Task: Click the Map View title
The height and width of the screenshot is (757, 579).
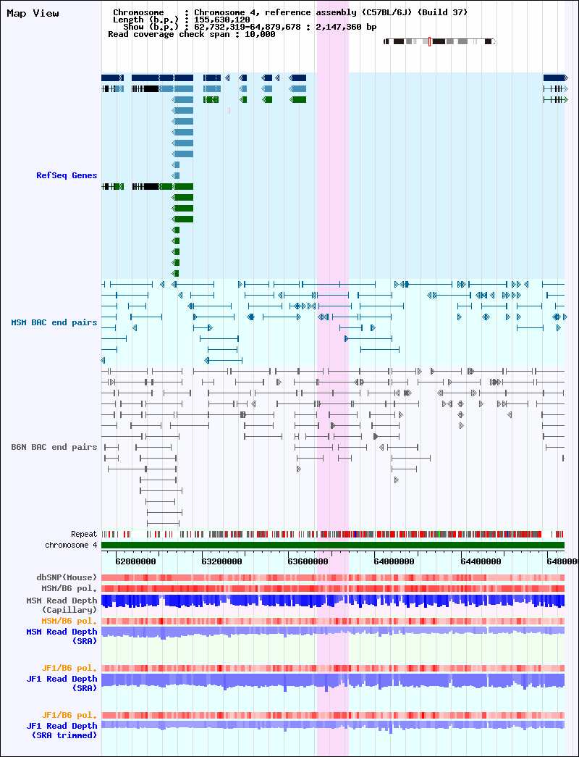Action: coord(33,14)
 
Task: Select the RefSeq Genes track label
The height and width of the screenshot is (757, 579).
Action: coord(67,175)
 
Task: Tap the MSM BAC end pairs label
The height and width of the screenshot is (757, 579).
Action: coord(54,322)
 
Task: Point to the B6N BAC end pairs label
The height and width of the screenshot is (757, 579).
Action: coord(54,447)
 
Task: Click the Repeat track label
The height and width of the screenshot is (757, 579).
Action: coord(84,534)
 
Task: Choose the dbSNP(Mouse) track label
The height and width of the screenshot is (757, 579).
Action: coord(67,577)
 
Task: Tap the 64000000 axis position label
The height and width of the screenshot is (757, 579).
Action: coord(394,561)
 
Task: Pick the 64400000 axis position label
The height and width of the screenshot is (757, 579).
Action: coord(481,561)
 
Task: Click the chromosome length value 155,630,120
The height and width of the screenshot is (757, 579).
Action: coord(222,20)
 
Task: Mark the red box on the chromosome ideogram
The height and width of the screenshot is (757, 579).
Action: coord(429,41)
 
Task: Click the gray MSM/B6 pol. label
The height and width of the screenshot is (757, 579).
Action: coord(69,588)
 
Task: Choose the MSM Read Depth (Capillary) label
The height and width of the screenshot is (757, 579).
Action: coord(62,605)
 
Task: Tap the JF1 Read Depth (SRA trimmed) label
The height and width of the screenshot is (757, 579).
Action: coord(62,730)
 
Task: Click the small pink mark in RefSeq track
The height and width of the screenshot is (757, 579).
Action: coord(229,111)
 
